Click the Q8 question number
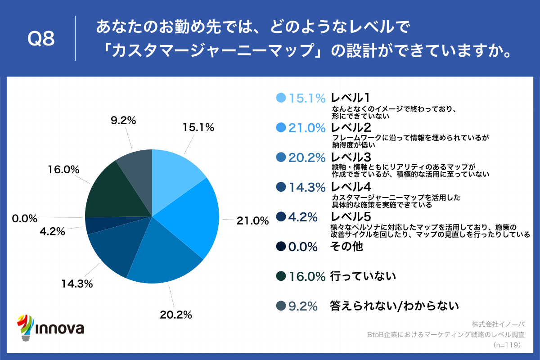click(41, 40)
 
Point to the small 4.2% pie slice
click(94, 225)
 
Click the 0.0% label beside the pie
click(24, 219)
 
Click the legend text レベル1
click(350, 98)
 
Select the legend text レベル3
click(351, 157)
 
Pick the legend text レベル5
click(351, 216)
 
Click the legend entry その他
click(346, 246)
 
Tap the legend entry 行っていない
click(363, 276)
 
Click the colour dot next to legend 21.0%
click(281, 127)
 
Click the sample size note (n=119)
click(507, 345)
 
